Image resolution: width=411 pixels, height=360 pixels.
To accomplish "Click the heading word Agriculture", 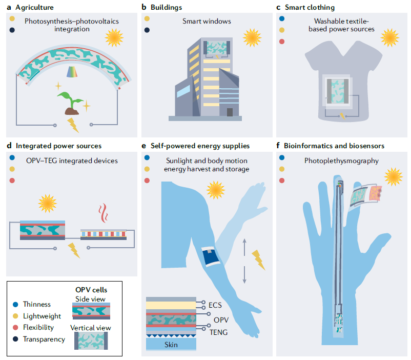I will click(31, 7).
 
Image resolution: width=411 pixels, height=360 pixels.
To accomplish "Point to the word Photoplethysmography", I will click(341, 161).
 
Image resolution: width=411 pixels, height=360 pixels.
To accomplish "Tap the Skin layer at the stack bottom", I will click(171, 345).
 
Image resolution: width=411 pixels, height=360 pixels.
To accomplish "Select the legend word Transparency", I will click(44, 339).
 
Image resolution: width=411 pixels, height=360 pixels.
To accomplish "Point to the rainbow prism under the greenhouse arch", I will click(71, 72).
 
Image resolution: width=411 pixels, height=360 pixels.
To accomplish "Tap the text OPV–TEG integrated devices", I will click(72, 161).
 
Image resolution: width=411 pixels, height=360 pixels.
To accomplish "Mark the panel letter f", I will click(278, 146).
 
